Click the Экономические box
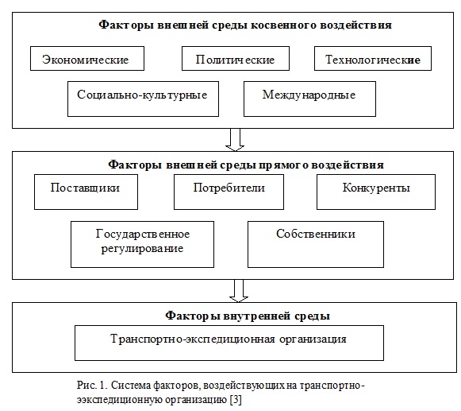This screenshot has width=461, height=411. (x=87, y=58)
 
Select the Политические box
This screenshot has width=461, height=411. (x=236, y=58)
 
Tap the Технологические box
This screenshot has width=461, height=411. (x=373, y=58)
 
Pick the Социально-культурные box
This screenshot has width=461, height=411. (x=143, y=99)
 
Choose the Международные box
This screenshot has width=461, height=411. (x=310, y=99)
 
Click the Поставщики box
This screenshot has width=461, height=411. (x=86, y=192)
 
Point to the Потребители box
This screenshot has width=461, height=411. (x=229, y=192)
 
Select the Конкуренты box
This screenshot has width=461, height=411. (x=376, y=192)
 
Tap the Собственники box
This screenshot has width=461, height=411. (x=316, y=245)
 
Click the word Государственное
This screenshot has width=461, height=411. (x=143, y=235)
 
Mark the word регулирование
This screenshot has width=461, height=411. (x=142, y=249)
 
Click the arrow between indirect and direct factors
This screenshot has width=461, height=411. (x=235, y=140)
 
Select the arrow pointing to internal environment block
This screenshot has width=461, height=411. (x=239, y=291)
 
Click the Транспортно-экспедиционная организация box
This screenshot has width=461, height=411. (x=229, y=343)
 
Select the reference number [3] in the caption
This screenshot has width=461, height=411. (x=236, y=400)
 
